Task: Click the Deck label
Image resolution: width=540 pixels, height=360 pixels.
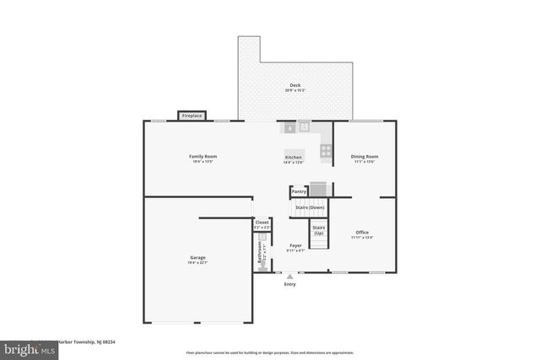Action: pos(295,85)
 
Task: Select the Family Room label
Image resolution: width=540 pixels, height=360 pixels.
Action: pos(202,156)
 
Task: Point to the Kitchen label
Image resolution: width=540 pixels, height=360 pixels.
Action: pos(293,158)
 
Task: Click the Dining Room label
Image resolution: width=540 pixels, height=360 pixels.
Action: pos(364,156)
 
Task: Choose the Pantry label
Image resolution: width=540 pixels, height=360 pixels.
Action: pos(299,191)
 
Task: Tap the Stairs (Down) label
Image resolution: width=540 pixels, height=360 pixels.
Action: pos(310,207)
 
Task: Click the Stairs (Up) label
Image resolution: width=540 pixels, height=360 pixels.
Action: pos(319,228)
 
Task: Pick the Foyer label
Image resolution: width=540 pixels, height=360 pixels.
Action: pos(295,245)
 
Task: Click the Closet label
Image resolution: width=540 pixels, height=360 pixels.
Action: pos(262,223)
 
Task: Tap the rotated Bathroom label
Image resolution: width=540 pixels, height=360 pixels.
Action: pos(260,255)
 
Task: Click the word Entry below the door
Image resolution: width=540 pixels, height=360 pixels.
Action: pos(290,284)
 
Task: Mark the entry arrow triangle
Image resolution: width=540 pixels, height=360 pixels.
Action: pos(290,276)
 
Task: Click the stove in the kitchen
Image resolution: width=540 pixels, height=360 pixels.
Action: pos(325,151)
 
